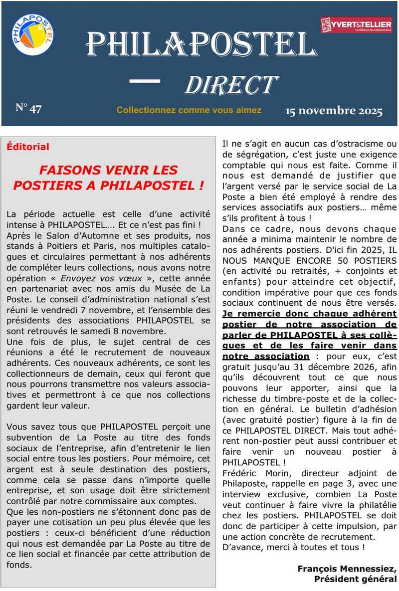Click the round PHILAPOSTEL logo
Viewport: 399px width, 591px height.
[32, 34]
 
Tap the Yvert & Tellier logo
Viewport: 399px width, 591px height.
[356, 25]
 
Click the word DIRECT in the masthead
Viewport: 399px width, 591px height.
[231, 85]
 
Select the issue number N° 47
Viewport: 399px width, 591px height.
[28, 108]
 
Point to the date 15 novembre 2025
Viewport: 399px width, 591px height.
[334, 111]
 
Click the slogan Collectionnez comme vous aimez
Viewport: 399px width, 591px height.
[189, 110]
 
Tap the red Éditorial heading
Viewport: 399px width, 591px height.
[28, 147]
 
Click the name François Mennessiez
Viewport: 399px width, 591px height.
[347, 569]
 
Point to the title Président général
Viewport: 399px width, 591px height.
[355, 579]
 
